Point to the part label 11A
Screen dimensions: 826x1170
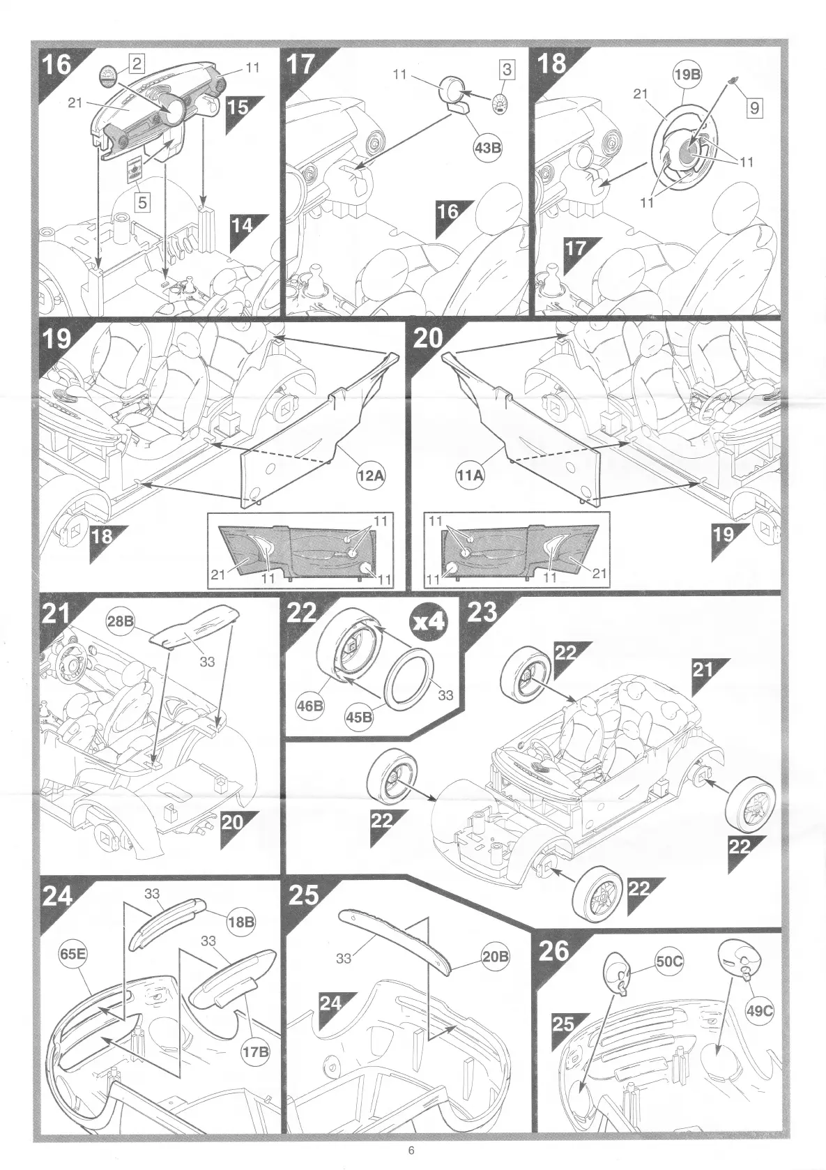tap(468, 476)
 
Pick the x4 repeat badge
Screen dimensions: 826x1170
tap(428, 622)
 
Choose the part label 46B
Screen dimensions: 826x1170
tap(311, 706)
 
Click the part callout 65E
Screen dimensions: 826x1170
tap(72, 953)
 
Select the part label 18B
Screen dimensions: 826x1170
tap(241, 922)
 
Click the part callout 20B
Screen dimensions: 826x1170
tap(496, 957)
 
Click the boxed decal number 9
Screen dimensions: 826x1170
tap(754, 108)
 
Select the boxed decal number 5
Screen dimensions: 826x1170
tap(143, 202)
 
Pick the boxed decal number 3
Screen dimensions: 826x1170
tap(507, 69)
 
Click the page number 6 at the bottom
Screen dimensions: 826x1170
tap(411, 1150)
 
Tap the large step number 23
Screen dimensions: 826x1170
tap(482, 611)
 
